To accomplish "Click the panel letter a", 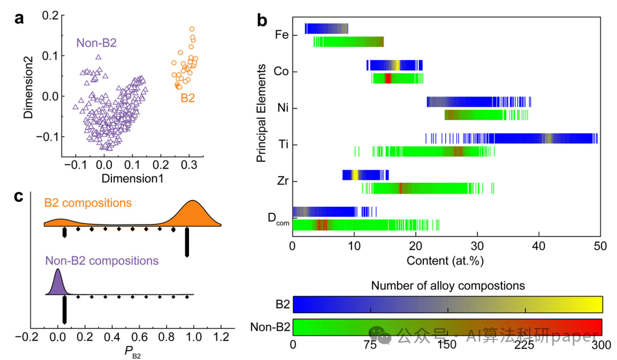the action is pos(19,18).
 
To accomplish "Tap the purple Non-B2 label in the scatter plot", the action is pos(97,43).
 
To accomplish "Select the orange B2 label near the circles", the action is pos(188,98).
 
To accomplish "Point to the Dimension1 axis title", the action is pos(133,179).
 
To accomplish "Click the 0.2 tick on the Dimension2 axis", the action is pos(50,15).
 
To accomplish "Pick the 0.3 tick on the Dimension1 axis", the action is pos(189,165).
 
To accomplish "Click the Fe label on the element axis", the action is pos(282,35).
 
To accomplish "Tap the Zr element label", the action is pos(283,181).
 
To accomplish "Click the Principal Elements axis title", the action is pos(261,113).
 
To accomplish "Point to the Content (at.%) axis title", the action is pos(445,261).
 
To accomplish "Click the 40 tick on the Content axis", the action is pos(539,246).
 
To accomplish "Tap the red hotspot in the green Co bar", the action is pos(388,78).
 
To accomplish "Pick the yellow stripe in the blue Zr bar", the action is pos(355,175).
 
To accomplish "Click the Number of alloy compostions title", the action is pos(448,286).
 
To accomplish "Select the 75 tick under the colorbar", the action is pos(370,345).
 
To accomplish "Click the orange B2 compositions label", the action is pos(88,203).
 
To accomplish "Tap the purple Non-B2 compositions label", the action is pos(102,261).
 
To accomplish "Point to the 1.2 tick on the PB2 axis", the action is pos(221,337).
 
